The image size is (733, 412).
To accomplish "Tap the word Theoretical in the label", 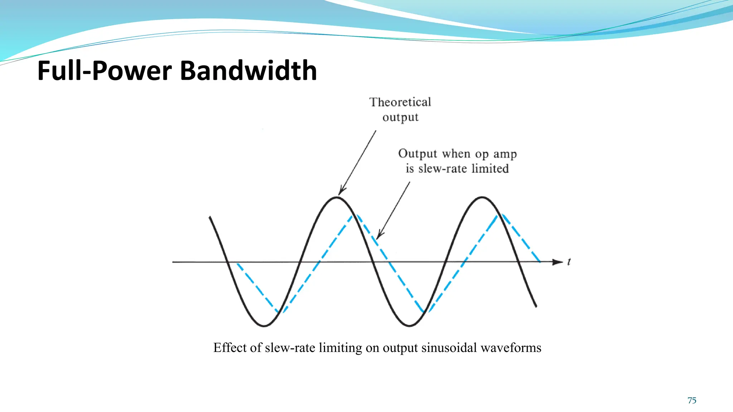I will [400, 102].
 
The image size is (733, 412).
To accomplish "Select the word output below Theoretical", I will [400, 118].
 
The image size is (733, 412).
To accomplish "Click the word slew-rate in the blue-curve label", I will [442, 168].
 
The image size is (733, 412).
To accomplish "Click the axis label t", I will [569, 262].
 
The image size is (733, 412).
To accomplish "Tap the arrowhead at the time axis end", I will [558, 262].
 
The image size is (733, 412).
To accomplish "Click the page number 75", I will [692, 401].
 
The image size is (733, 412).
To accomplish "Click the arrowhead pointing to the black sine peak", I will [341, 191].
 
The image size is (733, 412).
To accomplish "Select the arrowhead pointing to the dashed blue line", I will [379, 235].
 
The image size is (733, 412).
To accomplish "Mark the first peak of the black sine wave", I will [337, 197].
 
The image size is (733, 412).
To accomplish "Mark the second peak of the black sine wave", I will [482, 197].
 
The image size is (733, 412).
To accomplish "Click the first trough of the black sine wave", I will [264, 326].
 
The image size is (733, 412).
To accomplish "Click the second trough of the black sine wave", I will [409, 326].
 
